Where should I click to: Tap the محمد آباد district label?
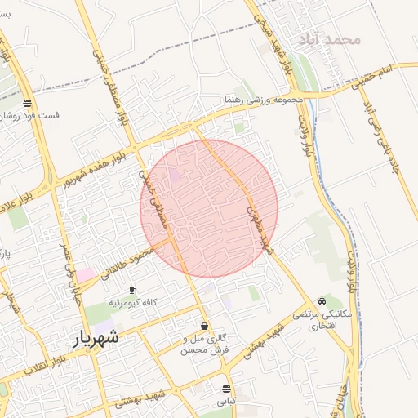pyautogui.click(x=330, y=38)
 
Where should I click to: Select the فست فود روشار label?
pyautogui.click(x=31, y=115)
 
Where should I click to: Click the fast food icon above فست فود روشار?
pyautogui.click(x=28, y=104)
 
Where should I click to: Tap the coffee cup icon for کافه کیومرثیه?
pyautogui.click(x=132, y=291)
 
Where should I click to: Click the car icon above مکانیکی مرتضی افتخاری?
pyautogui.click(x=327, y=301)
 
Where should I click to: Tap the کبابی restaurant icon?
pyautogui.click(x=226, y=388)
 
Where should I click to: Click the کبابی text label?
pyautogui.click(x=226, y=402)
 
